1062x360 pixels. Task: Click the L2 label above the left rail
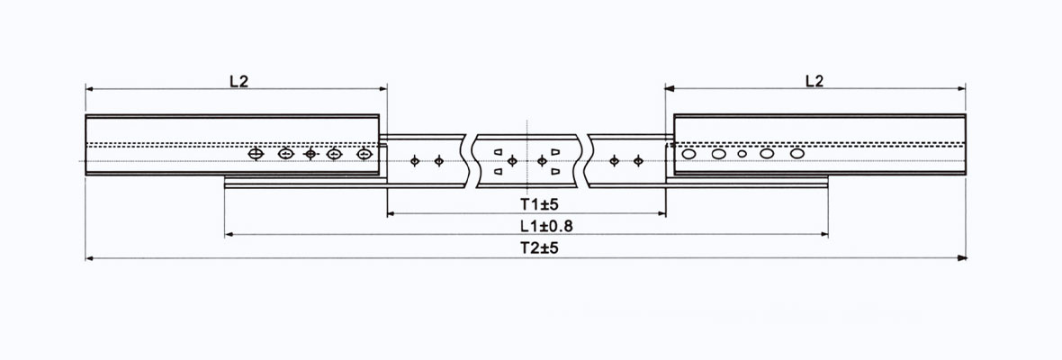(238, 80)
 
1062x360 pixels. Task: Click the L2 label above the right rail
(814, 80)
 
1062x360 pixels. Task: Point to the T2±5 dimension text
(527, 248)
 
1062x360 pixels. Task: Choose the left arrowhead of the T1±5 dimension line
(391, 213)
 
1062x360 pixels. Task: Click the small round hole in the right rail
(742, 154)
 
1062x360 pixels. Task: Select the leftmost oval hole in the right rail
(689, 154)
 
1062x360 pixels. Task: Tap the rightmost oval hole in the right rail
(796, 154)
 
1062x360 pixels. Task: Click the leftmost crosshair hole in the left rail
(256, 155)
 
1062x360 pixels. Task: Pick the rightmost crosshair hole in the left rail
(364, 155)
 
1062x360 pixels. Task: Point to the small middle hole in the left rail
(311, 155)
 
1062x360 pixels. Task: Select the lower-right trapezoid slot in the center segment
(556, 170)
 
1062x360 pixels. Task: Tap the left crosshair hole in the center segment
(512, 161)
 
